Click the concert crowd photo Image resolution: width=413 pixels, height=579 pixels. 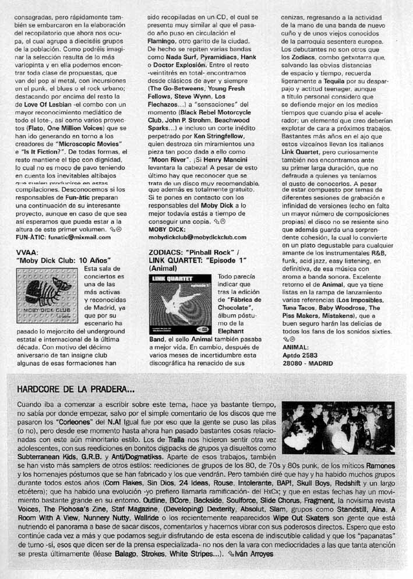point(338,428)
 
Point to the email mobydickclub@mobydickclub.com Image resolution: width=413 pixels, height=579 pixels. point(198,238)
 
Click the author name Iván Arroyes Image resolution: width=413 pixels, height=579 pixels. point(253,553)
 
